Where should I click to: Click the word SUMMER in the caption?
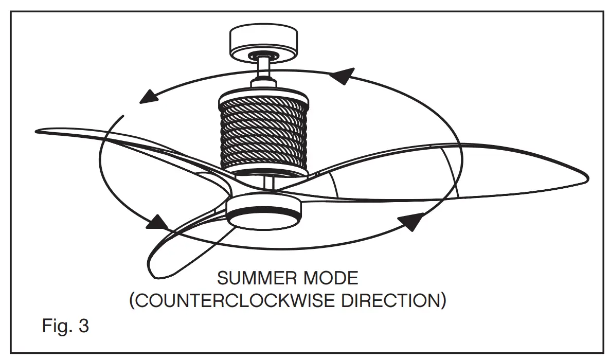click(x=250, y=278)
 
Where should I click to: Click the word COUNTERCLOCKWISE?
click(x=232, y=300)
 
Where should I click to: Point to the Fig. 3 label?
click(x=65, y=326)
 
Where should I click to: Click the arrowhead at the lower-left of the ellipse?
click(x=158, y=223)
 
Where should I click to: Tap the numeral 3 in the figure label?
click(x=83, y=326)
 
